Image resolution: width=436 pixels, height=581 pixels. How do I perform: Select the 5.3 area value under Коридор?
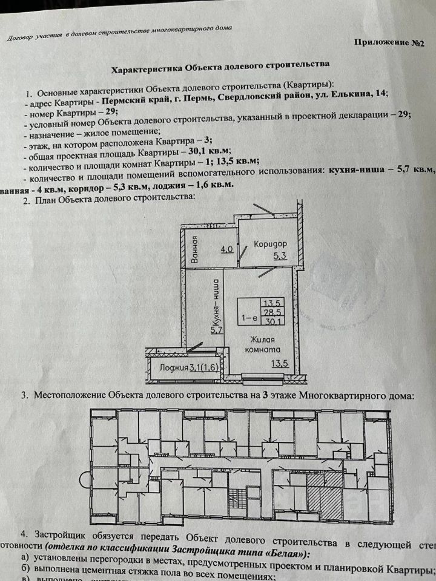click(x=280, y=257)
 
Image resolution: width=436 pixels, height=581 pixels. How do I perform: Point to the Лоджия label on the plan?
click(x=170, y=367)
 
